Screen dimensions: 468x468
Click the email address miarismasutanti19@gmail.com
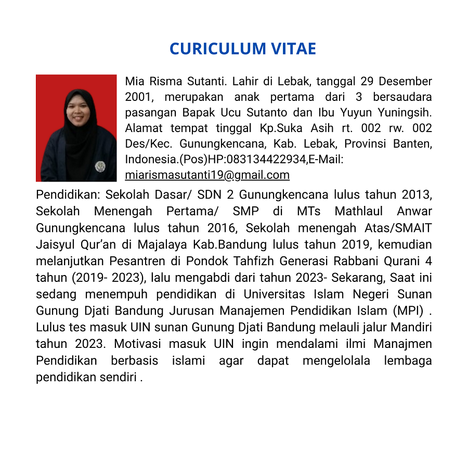pos(207,175)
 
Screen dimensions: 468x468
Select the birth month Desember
pos(405,81)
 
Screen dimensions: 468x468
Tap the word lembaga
pos(408,361)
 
